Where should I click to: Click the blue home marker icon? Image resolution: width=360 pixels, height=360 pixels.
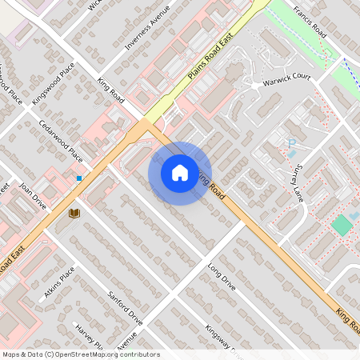tap(180, 173)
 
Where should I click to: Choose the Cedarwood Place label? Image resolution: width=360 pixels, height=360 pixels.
tap(61, 140)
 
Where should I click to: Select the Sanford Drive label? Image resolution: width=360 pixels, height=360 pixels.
tap(125, 308)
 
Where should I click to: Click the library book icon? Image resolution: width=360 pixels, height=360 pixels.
tap(74, 214)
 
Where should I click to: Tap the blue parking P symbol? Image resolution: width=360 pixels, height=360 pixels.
tap(292, 143)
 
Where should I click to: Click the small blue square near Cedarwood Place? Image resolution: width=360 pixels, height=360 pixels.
tap(79, 178)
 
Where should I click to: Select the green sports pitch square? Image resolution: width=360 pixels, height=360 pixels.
tap(342, 225)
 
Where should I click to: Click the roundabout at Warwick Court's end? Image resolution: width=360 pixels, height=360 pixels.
tap(255, 85)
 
